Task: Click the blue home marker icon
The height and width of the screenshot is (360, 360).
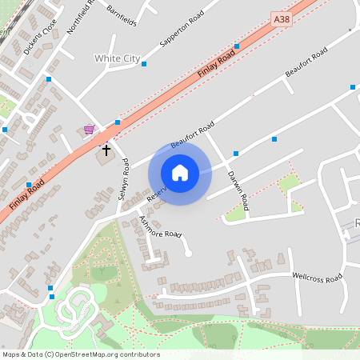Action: (180, 173)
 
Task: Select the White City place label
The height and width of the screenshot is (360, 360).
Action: (117, 58)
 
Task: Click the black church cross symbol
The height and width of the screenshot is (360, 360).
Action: (106, 149)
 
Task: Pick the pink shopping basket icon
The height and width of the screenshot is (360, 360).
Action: (89, 130)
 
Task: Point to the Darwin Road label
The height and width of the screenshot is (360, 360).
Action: (238, 190)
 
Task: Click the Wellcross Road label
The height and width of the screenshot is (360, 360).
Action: (317, 277)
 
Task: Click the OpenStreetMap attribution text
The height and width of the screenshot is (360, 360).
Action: (80, 354)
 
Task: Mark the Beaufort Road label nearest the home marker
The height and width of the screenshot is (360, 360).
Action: (192, 134)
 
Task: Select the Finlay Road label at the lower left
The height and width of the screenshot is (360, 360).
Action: (27, 194)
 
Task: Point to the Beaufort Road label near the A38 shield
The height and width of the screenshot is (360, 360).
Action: (306, 64)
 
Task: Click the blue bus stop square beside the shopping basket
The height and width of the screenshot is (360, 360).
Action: (118, 122)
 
